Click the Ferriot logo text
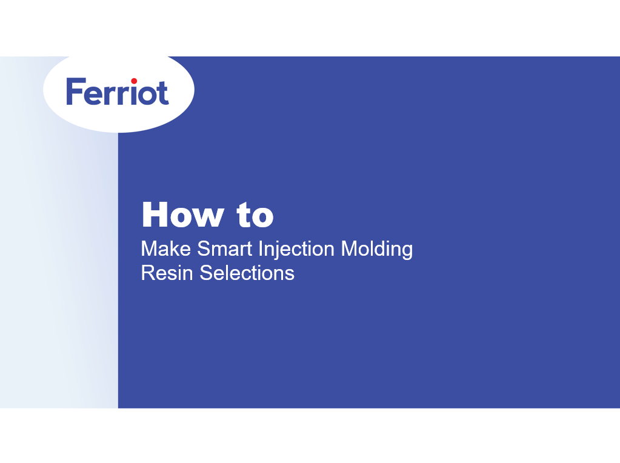[118, 93]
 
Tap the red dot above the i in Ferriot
[134, 81]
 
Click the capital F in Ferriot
[73, 93]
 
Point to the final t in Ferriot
[162, 94]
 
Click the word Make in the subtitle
[166, 249]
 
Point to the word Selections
[247, 273]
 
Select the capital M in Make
[149, 249]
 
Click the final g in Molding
[406, 251]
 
